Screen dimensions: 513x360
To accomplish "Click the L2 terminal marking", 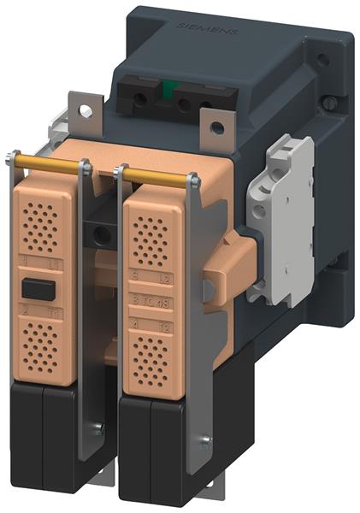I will point(163,279).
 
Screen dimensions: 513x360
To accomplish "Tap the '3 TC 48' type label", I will point(150,301).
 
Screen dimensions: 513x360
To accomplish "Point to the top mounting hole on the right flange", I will point(322,62).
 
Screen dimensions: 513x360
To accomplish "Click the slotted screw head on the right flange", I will point(328,103).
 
